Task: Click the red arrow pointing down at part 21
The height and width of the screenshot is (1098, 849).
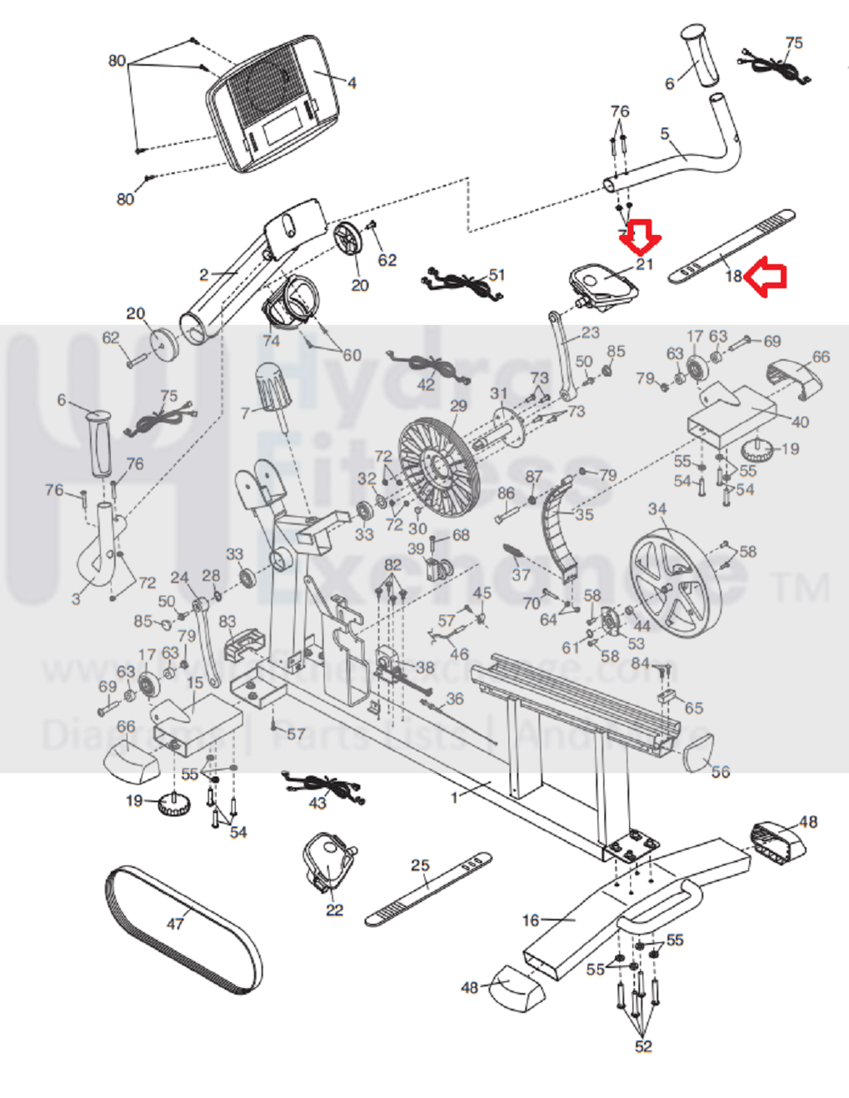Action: click(x=640, y=237)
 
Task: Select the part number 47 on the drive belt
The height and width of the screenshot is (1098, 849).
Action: click(x=175, y=923)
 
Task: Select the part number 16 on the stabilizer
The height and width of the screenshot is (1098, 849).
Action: click(x=531, y=920)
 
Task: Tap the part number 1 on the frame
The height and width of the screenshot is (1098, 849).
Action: click(x=455, y=797)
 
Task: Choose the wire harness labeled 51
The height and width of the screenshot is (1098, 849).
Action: click(x=463, y=283)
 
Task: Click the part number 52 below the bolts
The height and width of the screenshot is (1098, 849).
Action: click(x=643, y=1046)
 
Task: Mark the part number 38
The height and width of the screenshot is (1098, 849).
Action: click(x=425, y=667)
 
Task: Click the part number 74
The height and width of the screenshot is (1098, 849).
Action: click(x=271, y=340)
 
